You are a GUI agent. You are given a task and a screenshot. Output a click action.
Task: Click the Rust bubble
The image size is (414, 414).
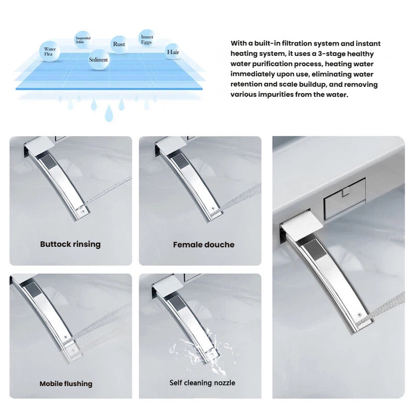(x=119, y=44)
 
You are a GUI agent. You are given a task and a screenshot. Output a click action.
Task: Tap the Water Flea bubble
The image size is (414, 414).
(x=50, y=51)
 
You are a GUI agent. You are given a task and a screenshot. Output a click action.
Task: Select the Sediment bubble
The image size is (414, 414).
(x=98, y=60)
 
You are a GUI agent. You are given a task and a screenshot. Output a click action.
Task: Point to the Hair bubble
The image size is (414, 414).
(x=173, y=52)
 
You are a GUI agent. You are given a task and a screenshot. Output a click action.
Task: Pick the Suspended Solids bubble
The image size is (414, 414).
(x=83, y=40)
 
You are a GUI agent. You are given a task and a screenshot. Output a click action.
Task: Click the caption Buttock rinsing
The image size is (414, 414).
(x=70, y=244)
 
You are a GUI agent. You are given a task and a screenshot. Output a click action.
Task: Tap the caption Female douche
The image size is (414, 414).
(x=203, y=245)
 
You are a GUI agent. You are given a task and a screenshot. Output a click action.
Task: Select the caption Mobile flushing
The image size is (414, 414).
(x=66, y=383)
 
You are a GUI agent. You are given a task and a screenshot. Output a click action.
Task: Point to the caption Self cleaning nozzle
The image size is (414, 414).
(x=202, y=383)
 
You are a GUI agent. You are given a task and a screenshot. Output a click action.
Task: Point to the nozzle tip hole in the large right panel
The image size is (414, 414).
(x=359, y=315)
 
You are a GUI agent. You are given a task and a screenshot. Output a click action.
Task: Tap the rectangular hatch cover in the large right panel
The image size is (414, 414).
(x=345, y=199)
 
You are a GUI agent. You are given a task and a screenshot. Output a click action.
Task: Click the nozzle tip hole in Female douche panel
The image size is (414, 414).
(x=213, y=209)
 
